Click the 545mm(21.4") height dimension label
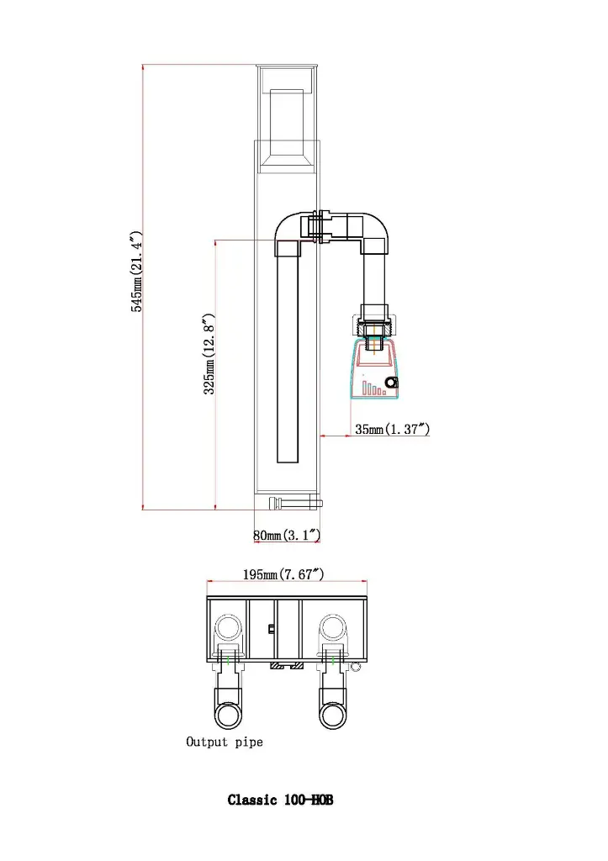136,272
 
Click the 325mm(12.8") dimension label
209,354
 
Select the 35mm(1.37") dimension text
392,429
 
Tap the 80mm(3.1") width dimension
287,534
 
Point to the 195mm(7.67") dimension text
283,574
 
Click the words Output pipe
224,742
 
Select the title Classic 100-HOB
280,800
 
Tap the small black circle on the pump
391,383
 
